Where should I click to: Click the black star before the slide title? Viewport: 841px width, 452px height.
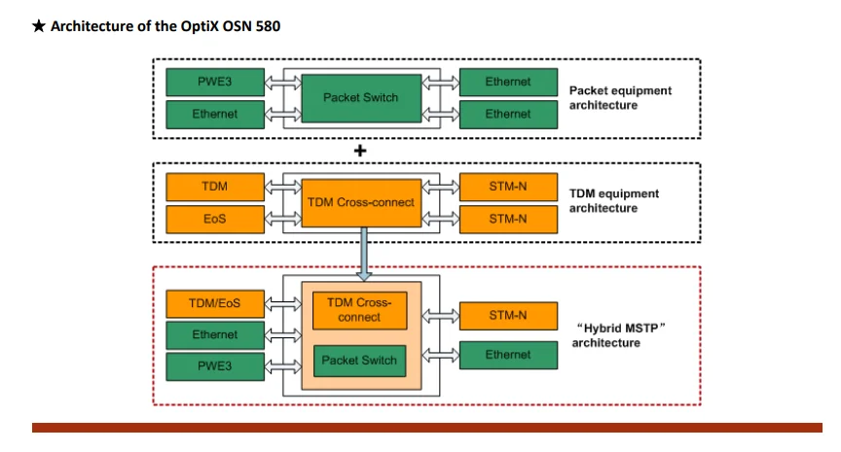[x=39, y=25]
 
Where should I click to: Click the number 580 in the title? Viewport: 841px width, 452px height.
[x=268, y=26]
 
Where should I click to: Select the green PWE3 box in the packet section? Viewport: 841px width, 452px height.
[x=215, y=82]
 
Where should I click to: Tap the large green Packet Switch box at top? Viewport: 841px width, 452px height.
[x=361, y=98]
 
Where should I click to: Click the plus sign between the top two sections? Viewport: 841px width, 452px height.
[x=360, y=151]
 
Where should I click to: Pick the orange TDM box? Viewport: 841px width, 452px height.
[x=215, y=187]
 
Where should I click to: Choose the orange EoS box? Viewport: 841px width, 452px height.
[x=215, y=219]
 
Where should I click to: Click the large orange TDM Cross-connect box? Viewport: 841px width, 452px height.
[x=361, y=203]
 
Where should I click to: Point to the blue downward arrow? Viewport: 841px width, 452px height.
[x=364, y=254]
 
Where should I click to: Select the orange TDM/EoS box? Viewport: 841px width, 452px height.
[x=215, y=303]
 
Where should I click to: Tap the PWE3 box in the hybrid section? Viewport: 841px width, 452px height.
[x=215, y=366]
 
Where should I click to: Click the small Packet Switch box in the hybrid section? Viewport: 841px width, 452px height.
[x=359, y=361]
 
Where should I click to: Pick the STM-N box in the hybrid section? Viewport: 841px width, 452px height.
[x=508, y=316]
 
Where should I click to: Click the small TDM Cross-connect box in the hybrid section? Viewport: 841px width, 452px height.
[x=359, y=310]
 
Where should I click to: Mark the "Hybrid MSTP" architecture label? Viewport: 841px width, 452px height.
[x=619, y=335]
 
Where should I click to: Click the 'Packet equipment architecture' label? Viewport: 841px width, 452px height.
[x=620, y=98]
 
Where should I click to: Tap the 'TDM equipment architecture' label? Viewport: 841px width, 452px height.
[x=614, y=201]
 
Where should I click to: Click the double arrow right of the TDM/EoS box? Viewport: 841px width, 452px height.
[x=283, y=304]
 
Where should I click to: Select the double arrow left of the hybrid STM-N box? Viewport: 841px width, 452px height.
[x=441, y=316]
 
